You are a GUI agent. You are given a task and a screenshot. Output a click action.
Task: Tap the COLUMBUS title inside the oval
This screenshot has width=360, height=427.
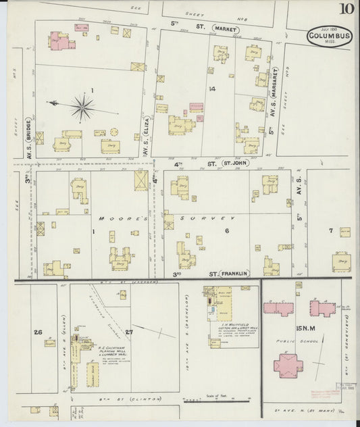(x=329, y=36)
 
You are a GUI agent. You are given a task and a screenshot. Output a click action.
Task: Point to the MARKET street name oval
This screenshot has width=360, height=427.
(x=225, y=29)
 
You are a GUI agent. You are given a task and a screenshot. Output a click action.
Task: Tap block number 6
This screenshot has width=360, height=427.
(x=227, y=231)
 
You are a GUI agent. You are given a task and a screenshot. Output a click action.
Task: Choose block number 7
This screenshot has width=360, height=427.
(x=330, y=231)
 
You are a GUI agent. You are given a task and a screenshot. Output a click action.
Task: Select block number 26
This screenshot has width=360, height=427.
(x=38, y=332)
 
